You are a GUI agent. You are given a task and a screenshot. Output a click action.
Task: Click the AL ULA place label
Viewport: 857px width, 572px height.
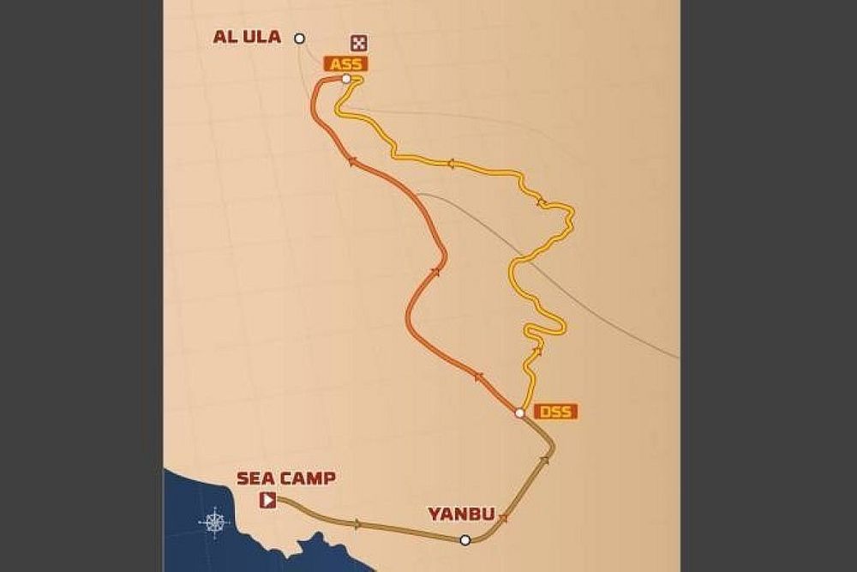(x=248, y=38)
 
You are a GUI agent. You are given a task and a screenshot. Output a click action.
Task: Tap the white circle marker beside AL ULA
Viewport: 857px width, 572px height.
(x=299, y=38)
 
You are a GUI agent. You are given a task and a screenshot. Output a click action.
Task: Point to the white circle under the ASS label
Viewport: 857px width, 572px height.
(x=346, y=79)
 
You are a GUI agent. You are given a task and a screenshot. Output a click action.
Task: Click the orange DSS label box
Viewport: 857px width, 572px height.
(x=555, y=412)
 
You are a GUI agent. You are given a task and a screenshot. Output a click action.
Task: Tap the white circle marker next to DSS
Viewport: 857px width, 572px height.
(x=519, y=413)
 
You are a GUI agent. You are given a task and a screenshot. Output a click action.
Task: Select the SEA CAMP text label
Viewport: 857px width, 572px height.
(x=285, y=479)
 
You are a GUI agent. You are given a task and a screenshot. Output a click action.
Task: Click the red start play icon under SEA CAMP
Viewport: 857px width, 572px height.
(x=268, y=500)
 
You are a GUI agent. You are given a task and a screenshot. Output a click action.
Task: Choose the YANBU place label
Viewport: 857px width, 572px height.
(x=461, y=514)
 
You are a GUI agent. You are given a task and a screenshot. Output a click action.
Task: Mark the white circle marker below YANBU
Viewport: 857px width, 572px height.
(x=464, y=539)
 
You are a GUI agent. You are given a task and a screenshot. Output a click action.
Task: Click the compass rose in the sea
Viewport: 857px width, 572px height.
(x=214, y=521)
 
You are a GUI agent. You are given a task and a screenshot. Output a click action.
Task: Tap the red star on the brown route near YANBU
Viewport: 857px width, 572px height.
(x=503, y=517)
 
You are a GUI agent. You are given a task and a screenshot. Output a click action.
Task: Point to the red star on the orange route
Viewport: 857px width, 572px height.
(x=435, y=272)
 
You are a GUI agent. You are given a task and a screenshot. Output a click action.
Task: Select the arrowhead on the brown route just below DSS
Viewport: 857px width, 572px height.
(x=545, y=461)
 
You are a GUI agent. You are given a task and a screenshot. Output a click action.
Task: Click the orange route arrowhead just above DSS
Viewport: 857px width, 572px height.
(x=477, y=376)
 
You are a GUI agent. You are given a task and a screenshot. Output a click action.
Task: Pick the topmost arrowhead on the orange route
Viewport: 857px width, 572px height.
(x=351, y=160)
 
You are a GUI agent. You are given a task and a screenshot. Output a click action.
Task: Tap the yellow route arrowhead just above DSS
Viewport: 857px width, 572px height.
(x=537, y=350)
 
